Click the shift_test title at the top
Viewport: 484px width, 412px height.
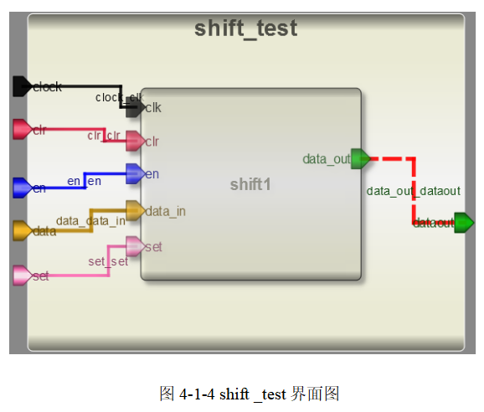[245, 28]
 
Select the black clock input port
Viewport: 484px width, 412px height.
[23, 85]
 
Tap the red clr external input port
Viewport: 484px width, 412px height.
[22, 129]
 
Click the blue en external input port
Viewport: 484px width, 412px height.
[22, 188]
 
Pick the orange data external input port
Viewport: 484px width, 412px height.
[22, 230]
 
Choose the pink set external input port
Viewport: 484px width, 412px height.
[22, 276]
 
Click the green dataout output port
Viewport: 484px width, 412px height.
[463, 223]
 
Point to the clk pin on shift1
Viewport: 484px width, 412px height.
[135, 107]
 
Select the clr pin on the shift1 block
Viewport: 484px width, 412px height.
[135, 141]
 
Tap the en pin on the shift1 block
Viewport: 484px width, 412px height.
[135, 174]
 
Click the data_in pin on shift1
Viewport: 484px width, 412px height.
[135, 210]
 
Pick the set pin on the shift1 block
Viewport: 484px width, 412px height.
[135, 246]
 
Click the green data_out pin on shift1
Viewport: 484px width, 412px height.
[360, 158]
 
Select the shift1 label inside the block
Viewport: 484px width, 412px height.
[250, 184]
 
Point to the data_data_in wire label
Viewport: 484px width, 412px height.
[90, 221]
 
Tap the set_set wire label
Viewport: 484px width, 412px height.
[108, 261]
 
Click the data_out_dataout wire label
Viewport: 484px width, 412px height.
[413, 191]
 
